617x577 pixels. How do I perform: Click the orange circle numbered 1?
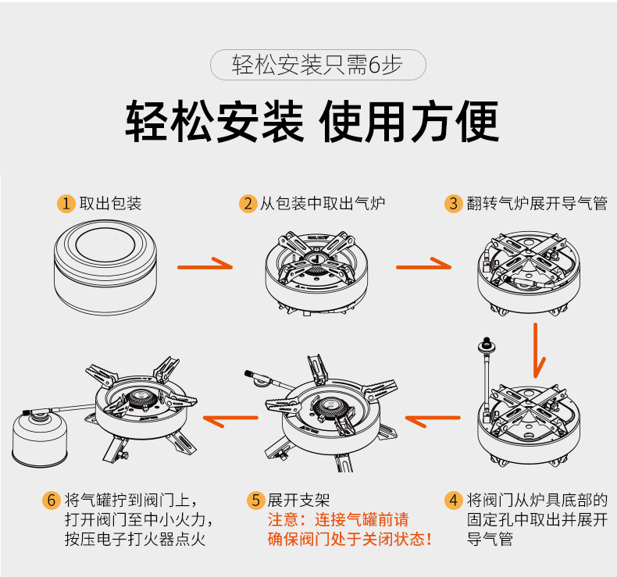pyautogui.click(x=67, y=204)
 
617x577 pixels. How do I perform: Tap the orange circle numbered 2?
pyautogui.click(x=248, y=204)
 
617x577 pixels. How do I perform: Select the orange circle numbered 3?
pyautogui.click(x=454, y=204)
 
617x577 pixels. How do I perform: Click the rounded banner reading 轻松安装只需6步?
pyautogui.click(x=318, y=66)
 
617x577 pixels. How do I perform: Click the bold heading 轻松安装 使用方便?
pyautogui.click(x=312, y=121)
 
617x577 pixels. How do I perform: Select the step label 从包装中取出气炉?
pyautogui.click(x=323, y=204)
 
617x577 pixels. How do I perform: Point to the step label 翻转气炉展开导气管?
pyautogui.click(x=537, y=204)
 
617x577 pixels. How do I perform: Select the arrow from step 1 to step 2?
pyautogui.click(x=205, y=265)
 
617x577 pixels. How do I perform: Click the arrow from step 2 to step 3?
pyautogui.click(x=423, y=265)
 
